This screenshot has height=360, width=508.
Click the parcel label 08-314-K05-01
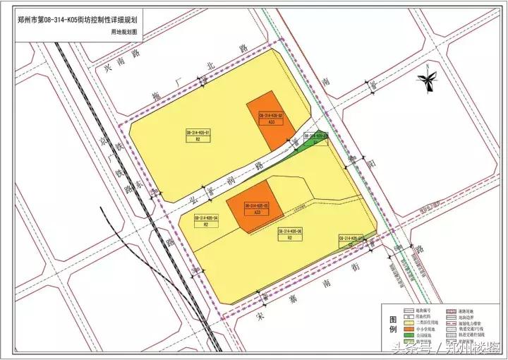198,133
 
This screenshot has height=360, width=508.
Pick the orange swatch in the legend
409,328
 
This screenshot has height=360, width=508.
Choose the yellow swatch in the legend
409,322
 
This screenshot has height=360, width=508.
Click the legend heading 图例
392,325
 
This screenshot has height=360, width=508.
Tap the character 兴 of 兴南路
109,68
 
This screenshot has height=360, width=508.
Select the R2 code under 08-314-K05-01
198,140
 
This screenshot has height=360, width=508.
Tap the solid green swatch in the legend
409,335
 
